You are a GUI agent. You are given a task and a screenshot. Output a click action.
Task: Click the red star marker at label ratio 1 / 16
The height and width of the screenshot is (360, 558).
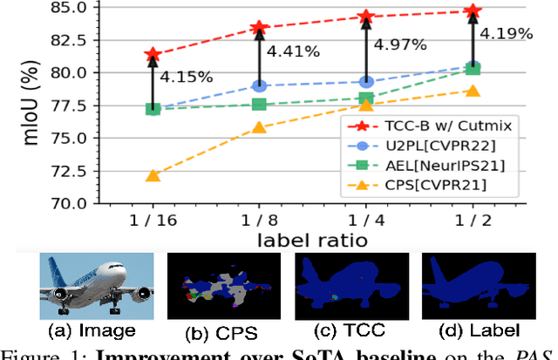(153, 55)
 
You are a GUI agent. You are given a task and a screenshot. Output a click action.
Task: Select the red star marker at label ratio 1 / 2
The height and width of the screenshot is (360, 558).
(473, 11)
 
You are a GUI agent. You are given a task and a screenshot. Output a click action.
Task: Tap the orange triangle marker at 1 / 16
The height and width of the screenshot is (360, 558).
(153, 175)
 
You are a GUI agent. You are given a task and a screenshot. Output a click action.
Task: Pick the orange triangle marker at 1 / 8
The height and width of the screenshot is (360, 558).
(259, 127)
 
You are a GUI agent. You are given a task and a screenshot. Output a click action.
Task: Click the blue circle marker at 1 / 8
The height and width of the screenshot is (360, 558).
(259, 85)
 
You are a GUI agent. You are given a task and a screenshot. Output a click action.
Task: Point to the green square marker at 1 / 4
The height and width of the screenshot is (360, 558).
(366, 98)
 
